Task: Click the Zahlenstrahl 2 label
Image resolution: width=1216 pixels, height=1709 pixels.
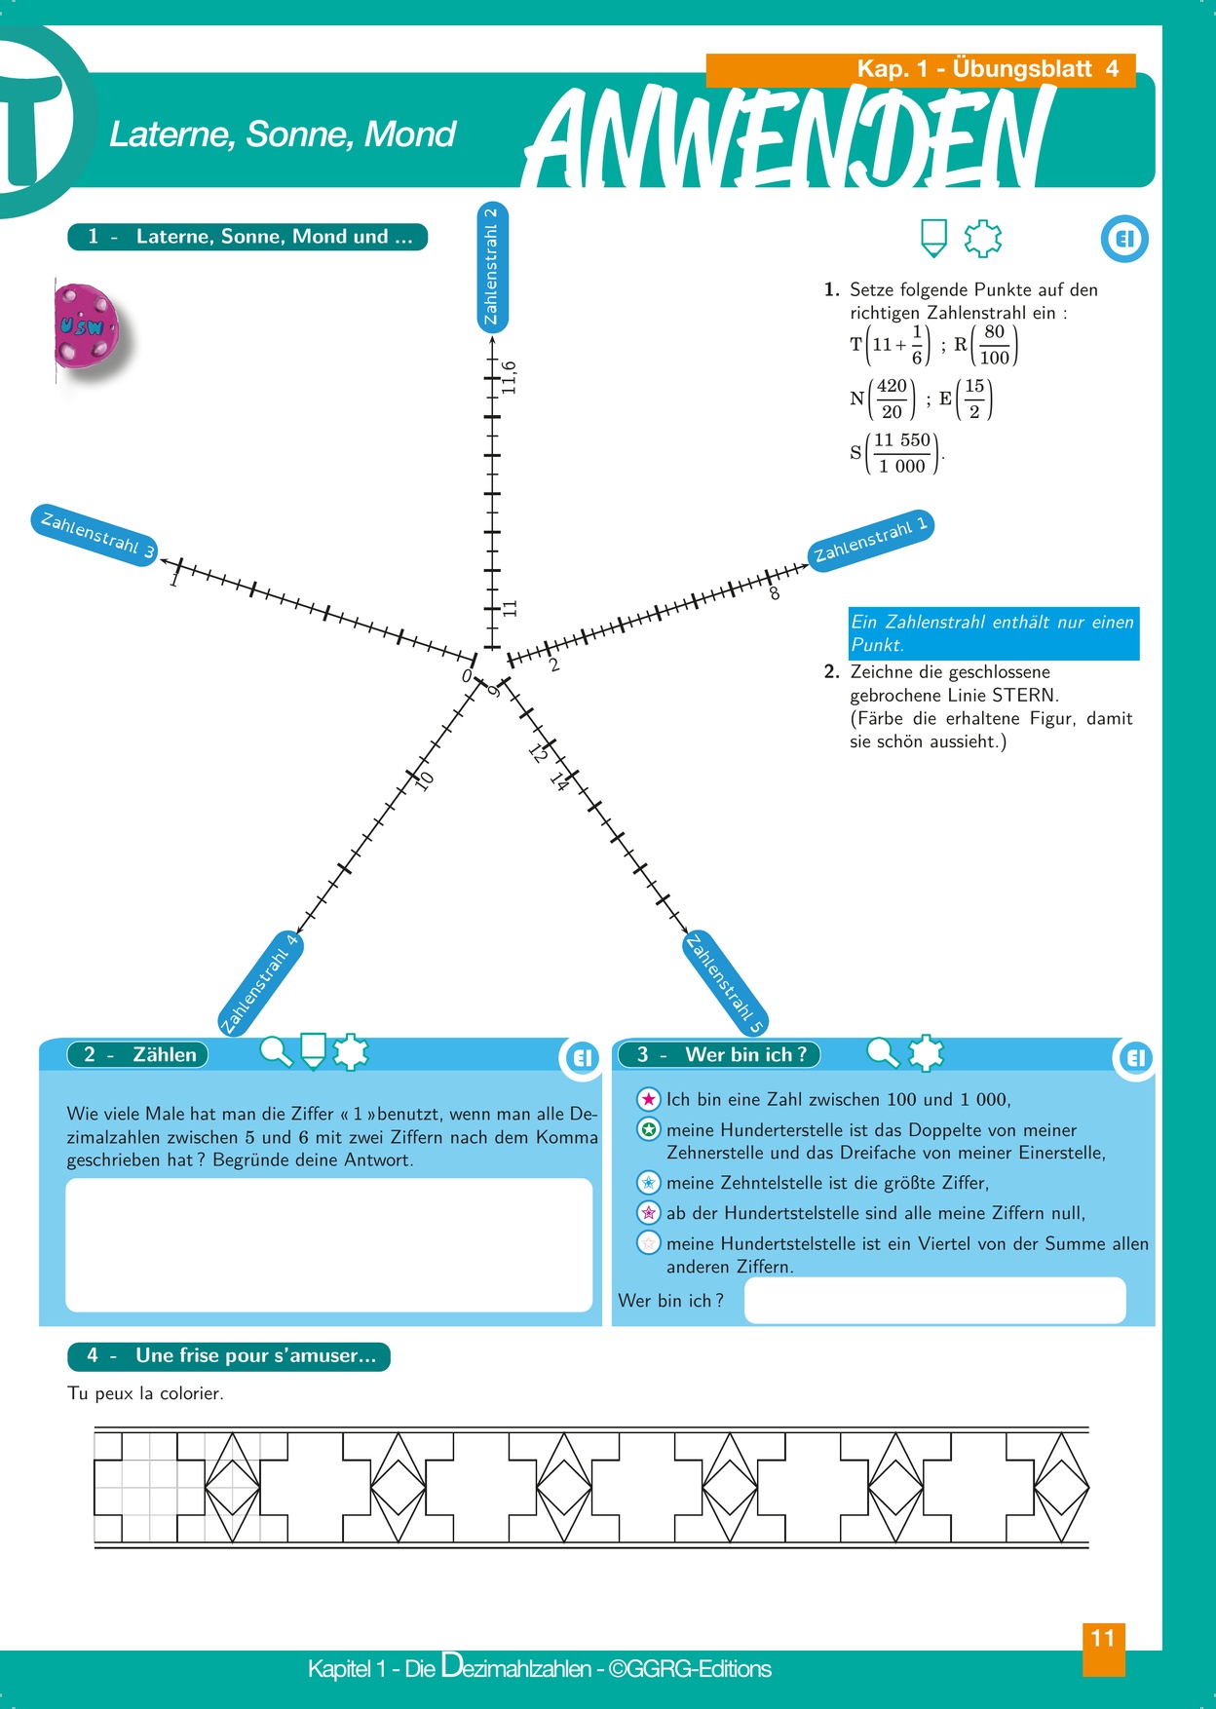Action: click(492, 266)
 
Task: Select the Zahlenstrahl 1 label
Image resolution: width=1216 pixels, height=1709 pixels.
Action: click(870, 540)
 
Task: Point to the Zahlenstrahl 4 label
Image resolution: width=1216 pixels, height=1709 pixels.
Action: click(260, 984)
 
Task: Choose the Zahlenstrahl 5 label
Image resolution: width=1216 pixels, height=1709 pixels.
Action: click(726, 983)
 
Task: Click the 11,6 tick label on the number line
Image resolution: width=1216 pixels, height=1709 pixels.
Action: click(509, 378)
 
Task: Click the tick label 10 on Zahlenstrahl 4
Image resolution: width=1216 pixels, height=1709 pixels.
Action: click(424, 780)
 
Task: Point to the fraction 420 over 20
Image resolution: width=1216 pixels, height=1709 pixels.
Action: click(892, 399)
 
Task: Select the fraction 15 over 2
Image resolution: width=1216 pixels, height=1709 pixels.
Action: click(974, 399)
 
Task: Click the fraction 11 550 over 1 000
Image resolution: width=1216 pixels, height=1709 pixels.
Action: click(902, 453)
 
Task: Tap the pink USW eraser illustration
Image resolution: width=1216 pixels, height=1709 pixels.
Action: click(88, 326)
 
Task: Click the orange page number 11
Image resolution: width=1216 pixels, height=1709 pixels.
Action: click(1103, 1639)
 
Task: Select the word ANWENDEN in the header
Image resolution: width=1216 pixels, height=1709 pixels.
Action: click(789, 136)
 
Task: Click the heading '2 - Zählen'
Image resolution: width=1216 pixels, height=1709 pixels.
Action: click(138, 1054)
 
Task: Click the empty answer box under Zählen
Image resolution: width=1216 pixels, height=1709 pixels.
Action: click(328, 1244)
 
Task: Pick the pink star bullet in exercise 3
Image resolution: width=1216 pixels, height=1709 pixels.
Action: click(649, 1099)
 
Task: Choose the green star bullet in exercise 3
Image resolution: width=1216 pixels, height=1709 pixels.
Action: click(649, 1130)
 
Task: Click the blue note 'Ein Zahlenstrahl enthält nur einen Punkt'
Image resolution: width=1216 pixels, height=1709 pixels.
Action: click(993, 633)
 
